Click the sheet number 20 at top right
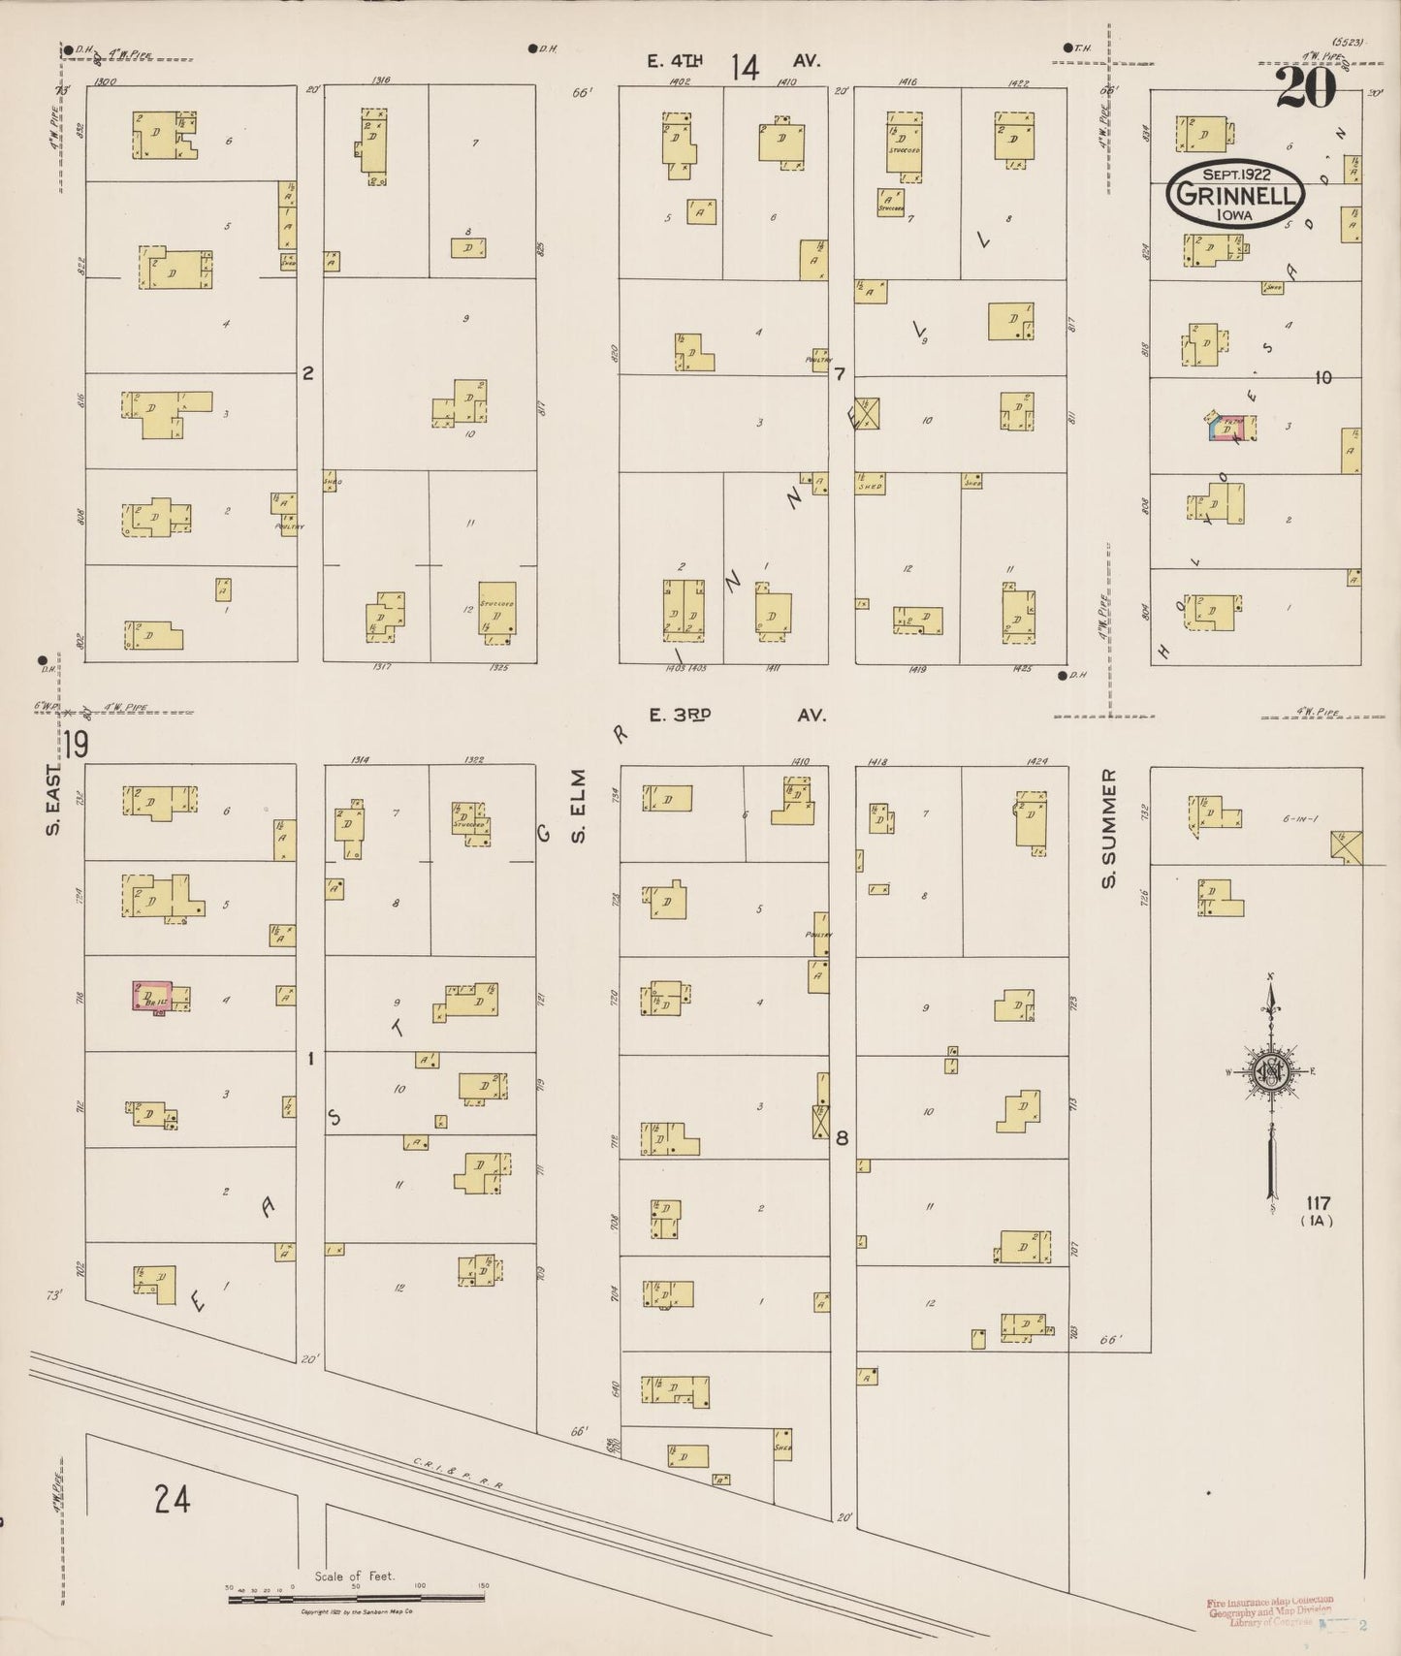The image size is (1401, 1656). click(1305, 88)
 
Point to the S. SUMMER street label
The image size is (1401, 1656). click(1108, 829)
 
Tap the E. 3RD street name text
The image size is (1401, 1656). click(681, 715)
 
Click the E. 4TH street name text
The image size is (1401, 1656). click(676, 61)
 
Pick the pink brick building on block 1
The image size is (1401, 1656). click(151, 997)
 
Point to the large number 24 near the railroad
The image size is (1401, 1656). click(172, 1500)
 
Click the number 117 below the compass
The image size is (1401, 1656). click(1318, 1204)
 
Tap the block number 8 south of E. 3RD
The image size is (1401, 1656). click(842, 1138)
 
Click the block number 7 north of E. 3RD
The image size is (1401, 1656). click(840, 374)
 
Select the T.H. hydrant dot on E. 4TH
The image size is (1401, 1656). click(1067, 48)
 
